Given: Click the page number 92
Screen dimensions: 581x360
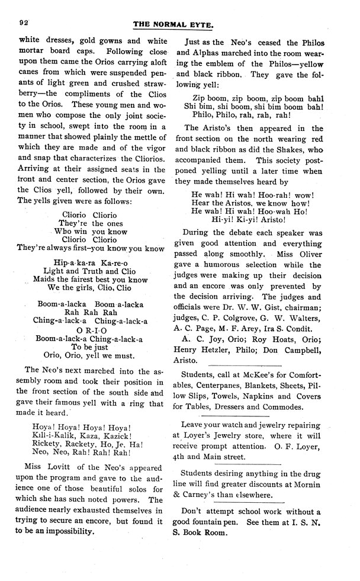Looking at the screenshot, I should click(x=25, y=23).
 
